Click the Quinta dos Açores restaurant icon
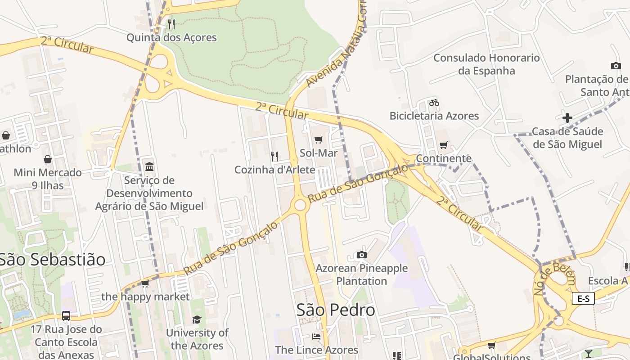(171, 24)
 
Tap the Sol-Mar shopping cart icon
(319, 140)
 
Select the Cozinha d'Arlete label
(274, 170)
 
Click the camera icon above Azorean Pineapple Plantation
(361, 255)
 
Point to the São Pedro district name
(336, 310)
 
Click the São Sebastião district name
(53, 259)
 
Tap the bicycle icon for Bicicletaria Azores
(434, 103)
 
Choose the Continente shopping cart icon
(444, 145)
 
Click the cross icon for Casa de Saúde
(567, 118)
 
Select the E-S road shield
(583, 298)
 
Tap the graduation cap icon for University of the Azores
(197, 319)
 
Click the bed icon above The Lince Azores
(316, 337)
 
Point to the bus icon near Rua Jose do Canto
(66, 315)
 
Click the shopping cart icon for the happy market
(145, 283)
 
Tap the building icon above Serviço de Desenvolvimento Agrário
(149, 167)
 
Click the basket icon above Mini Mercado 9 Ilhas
(48, 159)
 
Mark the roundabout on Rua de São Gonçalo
(300, 205)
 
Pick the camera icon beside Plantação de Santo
(616, 66)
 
